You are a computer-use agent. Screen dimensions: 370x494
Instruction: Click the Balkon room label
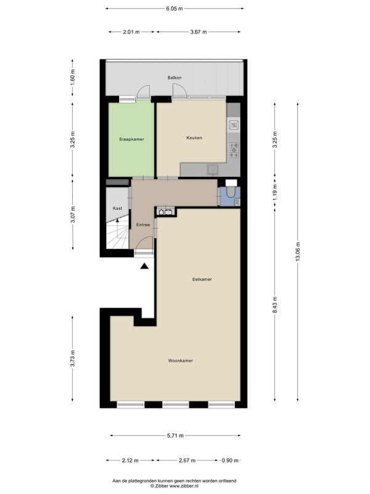point(175,78)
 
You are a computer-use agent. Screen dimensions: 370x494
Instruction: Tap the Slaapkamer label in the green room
point(131,140)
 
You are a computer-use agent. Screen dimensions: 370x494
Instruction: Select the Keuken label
point(194,138)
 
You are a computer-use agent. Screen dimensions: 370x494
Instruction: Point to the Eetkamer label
point(202,279)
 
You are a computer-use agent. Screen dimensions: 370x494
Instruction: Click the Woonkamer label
point(180,361)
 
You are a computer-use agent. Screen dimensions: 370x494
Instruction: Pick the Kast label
point(117,208)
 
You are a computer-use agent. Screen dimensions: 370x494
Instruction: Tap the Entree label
point(143,225)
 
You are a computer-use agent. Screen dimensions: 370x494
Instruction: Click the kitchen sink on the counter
point(233,125)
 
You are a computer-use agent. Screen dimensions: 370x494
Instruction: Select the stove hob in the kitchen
point(234,150)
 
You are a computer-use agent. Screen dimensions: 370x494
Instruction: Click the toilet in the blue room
point(231,193)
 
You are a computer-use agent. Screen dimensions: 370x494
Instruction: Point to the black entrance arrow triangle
point(144,266)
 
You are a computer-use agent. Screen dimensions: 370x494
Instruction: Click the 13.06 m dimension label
point(298,251)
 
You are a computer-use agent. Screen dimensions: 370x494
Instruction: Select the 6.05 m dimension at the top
point(175,9)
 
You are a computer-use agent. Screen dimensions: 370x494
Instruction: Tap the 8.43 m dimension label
point(274,304)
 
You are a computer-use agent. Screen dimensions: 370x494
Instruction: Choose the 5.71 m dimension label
point(176,436)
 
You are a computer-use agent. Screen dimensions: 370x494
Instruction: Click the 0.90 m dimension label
point(230,460)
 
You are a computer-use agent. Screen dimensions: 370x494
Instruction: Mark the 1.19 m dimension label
point(275,193)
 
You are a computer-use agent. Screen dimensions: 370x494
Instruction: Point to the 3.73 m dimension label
point(73,359)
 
